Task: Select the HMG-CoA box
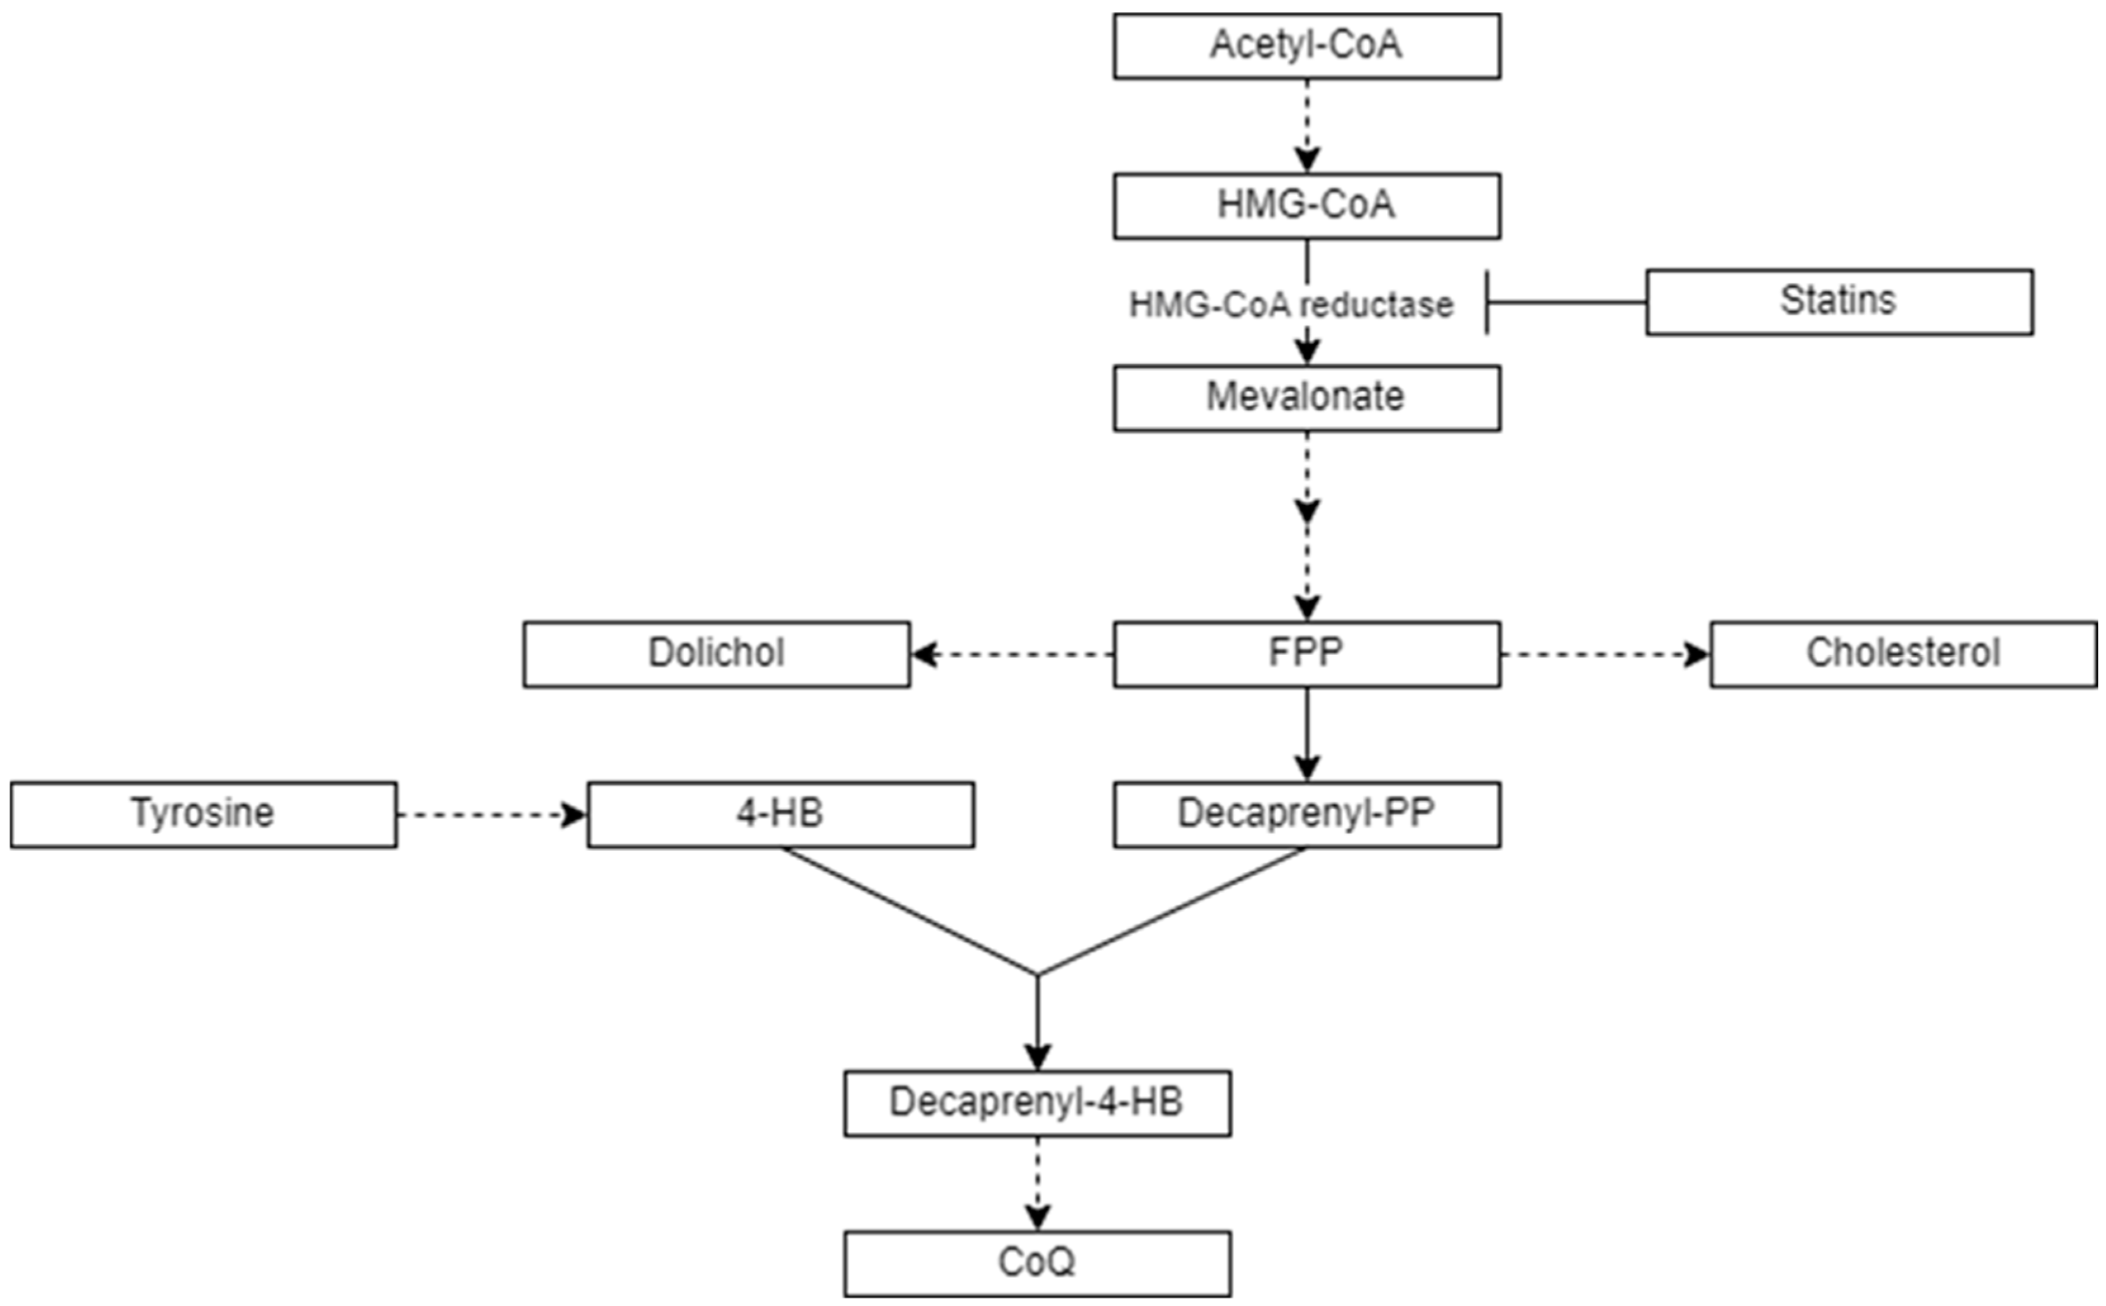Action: pos(1306,206)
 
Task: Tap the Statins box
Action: pos(1838,302)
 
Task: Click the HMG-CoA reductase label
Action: pos(1291,305)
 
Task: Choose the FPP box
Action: pos(1306,654)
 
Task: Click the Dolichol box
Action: pos(716,654)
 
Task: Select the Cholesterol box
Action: pos(1903,654)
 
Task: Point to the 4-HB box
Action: pos(780,815)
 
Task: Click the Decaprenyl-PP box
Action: pos(1306,815)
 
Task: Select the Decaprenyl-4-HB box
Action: pos(1037,1103)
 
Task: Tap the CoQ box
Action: pos(1037,1263)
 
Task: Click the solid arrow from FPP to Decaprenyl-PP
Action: pos(1307,734)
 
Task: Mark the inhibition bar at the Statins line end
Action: pos(1486,302)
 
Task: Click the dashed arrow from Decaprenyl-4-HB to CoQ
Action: pos(1037,1183)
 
